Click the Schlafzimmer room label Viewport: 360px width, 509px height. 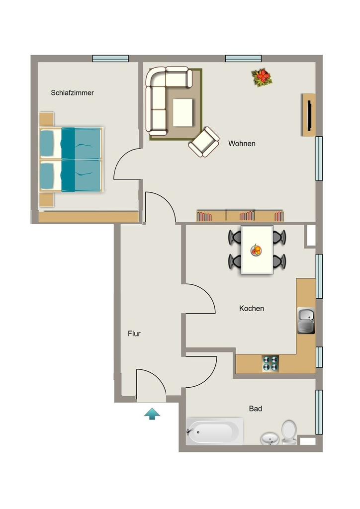click(x=73, y=93)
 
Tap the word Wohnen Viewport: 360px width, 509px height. click(x=242, y=144)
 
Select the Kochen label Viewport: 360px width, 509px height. click(x=252, y=308)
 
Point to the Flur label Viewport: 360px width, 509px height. click(x=134, y=334)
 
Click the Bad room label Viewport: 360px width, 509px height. click(x=256, y=409)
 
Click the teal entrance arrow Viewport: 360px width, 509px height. click(x=152, y=414)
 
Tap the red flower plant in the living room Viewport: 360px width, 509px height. click(x=262, y=78)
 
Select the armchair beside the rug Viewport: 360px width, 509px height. click(x=204, y=142)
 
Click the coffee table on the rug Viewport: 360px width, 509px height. click(x=182, y=113)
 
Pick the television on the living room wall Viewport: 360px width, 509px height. click(x=310, y=115)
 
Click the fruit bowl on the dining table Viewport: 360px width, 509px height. click(x=257, y=251)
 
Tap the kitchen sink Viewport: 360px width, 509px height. click(x=306, y=321)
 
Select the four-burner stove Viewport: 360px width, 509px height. click(x=270, y=363)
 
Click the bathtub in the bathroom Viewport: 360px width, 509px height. click(x=215, y=431)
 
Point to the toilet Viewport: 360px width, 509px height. click(x=289, y=432)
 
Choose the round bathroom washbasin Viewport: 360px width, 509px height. click(x=270, y=438)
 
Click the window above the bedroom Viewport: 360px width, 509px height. click(x=110, y=59)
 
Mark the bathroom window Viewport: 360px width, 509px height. click(x=319, y=412)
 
